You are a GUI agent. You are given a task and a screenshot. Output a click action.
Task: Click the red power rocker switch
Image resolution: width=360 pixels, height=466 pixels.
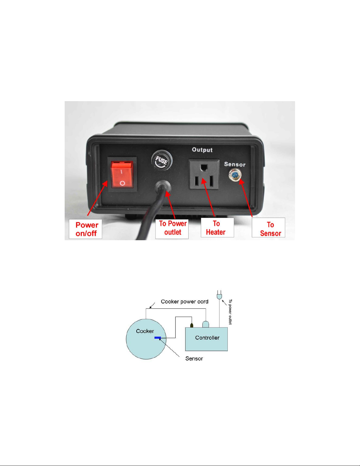pyautogui.click(x=122, y=174)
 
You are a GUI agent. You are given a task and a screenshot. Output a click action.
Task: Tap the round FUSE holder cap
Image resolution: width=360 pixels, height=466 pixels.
pyautogui.click(x=162, y=160)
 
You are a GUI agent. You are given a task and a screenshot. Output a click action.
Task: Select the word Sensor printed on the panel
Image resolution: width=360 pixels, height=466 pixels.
pyautogui.click(x=235, y=164)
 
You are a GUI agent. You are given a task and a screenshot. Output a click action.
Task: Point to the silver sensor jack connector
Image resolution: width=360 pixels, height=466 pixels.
pyautogui.click(x=235, y=175)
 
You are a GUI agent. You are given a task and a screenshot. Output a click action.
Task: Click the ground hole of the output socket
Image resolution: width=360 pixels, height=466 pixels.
pyautogui.click(x=205, y=167)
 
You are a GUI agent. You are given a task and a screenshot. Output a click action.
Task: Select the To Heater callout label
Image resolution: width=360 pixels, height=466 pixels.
pyautogui.click(x=217, y=228)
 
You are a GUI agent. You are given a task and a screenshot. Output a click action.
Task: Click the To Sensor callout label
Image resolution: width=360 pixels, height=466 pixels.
pyautogui.click(x=268, y=228)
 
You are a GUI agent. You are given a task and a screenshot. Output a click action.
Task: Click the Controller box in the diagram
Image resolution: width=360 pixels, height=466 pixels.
pyautogui.click(x=206, y=339)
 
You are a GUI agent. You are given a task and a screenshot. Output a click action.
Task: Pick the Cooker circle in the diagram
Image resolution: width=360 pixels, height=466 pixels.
pyautogui.click(x=146, y=339)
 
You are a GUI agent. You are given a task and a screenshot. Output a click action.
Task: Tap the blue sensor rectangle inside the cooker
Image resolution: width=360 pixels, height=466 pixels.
pyautogui.click(x=158, y=338)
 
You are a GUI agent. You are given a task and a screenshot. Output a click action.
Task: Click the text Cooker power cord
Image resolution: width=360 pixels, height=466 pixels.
pyautogui.click(x=185, y=302)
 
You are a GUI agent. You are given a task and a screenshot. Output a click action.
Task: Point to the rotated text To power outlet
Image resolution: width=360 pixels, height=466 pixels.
pyautogui.click(x=230, y=312)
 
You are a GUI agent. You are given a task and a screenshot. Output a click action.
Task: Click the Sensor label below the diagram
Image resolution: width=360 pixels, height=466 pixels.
pyautogui.click(x=194, y=358)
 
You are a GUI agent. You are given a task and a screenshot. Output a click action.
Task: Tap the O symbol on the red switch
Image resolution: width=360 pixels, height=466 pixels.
pyautogui.click(x=122, y=183)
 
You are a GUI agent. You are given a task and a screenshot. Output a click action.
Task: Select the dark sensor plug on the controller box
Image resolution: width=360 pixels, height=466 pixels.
pyautogui.click(x=192, y=325)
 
